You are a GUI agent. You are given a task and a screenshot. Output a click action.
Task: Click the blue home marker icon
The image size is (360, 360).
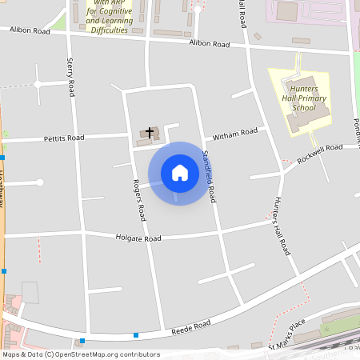(179, 173)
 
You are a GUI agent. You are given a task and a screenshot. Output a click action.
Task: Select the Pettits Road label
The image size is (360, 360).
(64, 138)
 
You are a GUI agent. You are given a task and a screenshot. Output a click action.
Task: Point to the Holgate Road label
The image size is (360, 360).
(138, 238)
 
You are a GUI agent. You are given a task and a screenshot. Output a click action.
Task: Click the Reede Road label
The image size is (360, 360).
(191, 326)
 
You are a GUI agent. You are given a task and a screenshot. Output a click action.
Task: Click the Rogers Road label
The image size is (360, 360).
(139, 200)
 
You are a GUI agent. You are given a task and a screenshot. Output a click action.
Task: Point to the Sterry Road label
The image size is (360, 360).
(71, 75)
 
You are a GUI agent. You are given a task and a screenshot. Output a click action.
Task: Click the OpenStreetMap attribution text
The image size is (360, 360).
(80, 354)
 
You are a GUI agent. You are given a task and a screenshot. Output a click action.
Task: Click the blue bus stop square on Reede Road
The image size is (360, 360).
(137, 335)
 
